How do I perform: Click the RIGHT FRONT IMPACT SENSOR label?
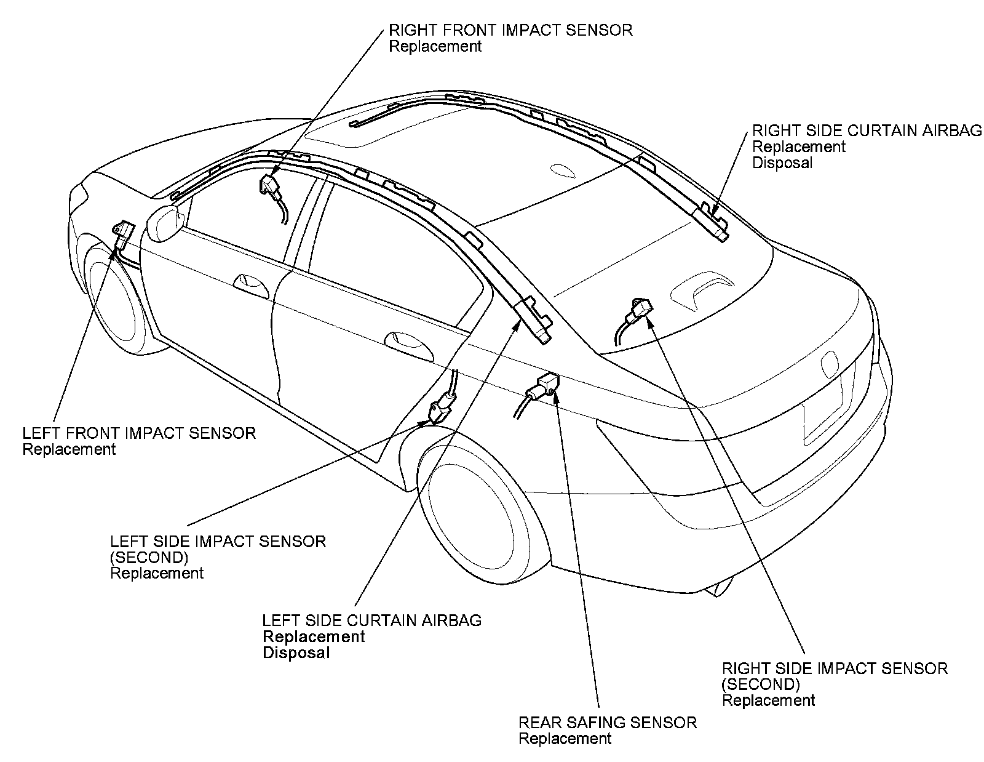point(510,30)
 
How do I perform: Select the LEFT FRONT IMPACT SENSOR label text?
point(139,433)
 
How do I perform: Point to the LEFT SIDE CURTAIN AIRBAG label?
point(372,620)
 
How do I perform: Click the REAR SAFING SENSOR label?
point(608,723)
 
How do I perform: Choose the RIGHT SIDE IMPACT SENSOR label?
point(835,668)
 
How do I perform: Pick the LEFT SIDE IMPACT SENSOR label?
point(218,542)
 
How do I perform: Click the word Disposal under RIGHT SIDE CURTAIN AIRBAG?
point(782,163)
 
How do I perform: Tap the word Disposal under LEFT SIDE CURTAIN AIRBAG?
point(296,653)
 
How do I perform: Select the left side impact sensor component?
point(442,409)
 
